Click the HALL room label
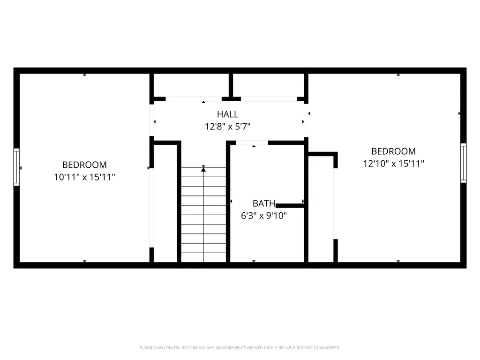click(x=227, y=114)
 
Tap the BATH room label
click(x=263, y=203)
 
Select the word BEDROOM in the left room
click(x=84, y=165)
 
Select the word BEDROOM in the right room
click(x=393, y=151)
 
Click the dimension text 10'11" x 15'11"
click(x=84, y=177)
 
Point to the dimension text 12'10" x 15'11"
click(x=393, y=164)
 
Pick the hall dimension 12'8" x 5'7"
click(x=227, y=126)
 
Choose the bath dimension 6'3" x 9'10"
click(x=263, y=216)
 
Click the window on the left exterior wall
click(x=16, y=167)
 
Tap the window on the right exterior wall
click(x=463, y=162)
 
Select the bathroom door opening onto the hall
click(x=252, y=142)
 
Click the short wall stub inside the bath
click(x=290, y=205)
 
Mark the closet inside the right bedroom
click(x=321, y=209)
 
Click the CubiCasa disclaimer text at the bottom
click(x=240, y=348)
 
